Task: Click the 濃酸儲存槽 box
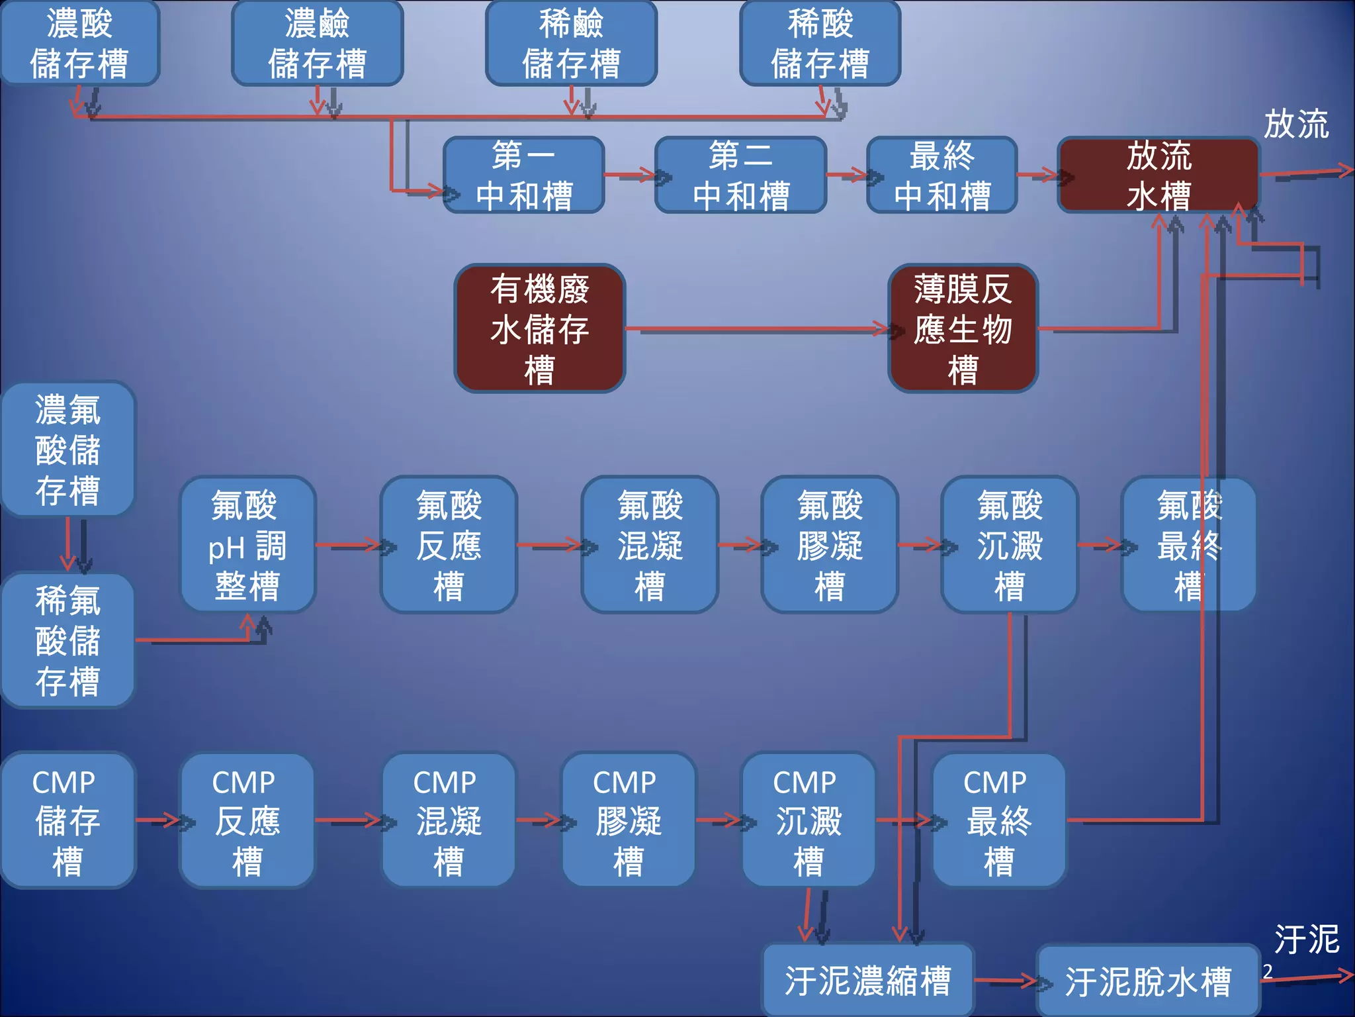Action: click(x=79, y=43)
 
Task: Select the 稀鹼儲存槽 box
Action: click(x=571, y=43)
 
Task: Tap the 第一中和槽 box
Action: click(x=524, y=175)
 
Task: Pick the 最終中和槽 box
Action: click(x=941, y=175)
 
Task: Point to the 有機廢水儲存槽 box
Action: click(x=539, y=328)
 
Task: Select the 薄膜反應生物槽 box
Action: click(x=963, y=328)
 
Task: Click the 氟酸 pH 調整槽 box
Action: click(x=247, y=544)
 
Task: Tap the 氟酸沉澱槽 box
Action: click(x=1010, y=544)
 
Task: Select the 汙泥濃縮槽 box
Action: click(x=867, y=981)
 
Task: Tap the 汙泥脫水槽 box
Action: click(x=1147, y=981)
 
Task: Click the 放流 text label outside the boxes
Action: click(x=1296, y=124)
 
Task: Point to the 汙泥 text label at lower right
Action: click(x=1307, y=939)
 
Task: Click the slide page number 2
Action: click(x=1268, y=971)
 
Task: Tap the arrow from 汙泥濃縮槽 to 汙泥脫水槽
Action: click(x=1006, y=981)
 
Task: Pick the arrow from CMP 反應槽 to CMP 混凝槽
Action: click(x=349, y=820)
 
